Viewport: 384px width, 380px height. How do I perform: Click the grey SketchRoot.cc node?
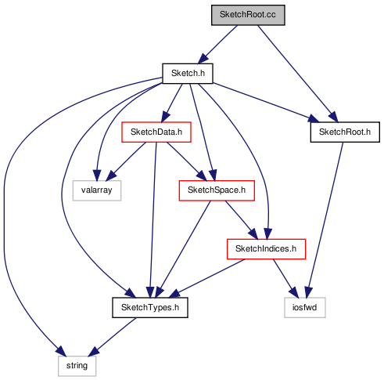click(x=248, y=15)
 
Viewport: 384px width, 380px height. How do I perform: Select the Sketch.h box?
click(x=188, y=74)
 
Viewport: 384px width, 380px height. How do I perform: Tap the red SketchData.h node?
click(x=156, y=132)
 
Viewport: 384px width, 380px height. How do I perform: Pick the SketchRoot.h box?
click(x=345, y=132)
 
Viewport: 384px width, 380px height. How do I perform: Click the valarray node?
click(x=97, y=190)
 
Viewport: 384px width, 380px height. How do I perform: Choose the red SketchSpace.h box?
click(x=217, y=190)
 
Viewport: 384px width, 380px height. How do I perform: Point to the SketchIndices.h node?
click(x=266, y=249)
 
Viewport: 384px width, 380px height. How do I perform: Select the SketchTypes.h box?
click(x=150, y=308)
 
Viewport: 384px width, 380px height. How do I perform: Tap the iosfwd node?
click(x=305, y=308)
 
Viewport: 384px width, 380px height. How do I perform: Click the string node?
click(x=77, y=366)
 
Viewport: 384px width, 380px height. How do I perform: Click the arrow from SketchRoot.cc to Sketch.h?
click(x=217, y=45)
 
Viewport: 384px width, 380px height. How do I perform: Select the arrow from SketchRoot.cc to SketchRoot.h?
click(x=298, y=74)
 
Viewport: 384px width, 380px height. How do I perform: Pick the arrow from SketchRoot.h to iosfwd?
click(x=325, y=220)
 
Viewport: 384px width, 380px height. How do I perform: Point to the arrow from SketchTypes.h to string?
click(x=113, y=337)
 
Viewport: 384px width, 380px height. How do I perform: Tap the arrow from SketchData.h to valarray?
click(x=126, y=161)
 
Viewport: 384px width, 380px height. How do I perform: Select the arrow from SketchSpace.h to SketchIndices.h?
click(x=242, y=220)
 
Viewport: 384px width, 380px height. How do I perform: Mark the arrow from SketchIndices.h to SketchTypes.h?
click(x=207, y=278)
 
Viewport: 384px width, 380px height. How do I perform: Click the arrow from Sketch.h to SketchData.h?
click(x=172, y=103)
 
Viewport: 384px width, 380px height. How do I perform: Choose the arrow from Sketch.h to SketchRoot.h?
click(x=266, y=103)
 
